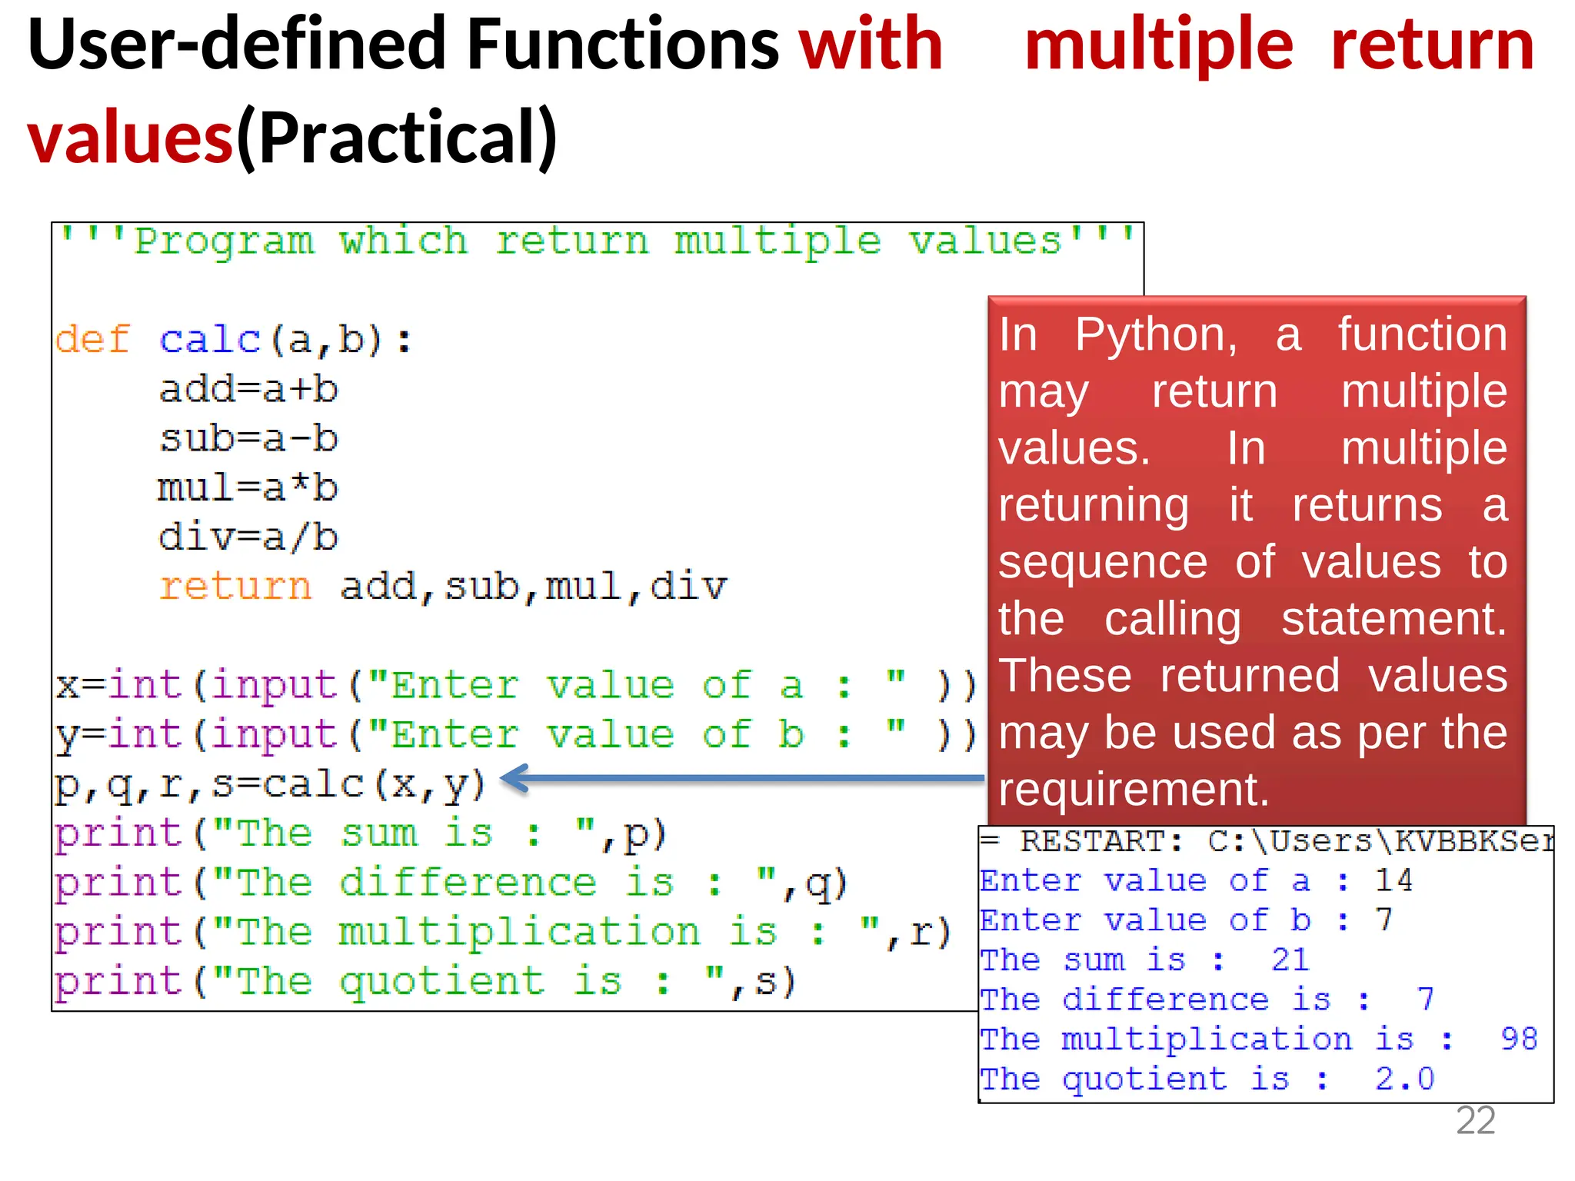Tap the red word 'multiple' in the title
[x=1159, y=46]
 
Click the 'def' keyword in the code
[x=92, y=340]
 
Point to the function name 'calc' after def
[x=210, y=340]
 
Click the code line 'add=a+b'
[x=248, y=390]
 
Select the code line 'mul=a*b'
[x=248, y=488]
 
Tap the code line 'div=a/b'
[x=248, y=537]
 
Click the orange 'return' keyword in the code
[x=235, y=587]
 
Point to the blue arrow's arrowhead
[x=512, y=778]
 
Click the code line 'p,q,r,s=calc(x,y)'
[x=269, y=785]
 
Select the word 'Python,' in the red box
[x=1156, y=335]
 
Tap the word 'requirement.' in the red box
[x=1134, y=790]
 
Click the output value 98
[x=1519, y=1040]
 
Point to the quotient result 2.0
[x=1404, y=1080]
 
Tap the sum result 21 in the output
[x=1290, y=960]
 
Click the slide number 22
[x=1475, y=1121]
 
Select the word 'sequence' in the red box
[x=1103, y=563]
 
